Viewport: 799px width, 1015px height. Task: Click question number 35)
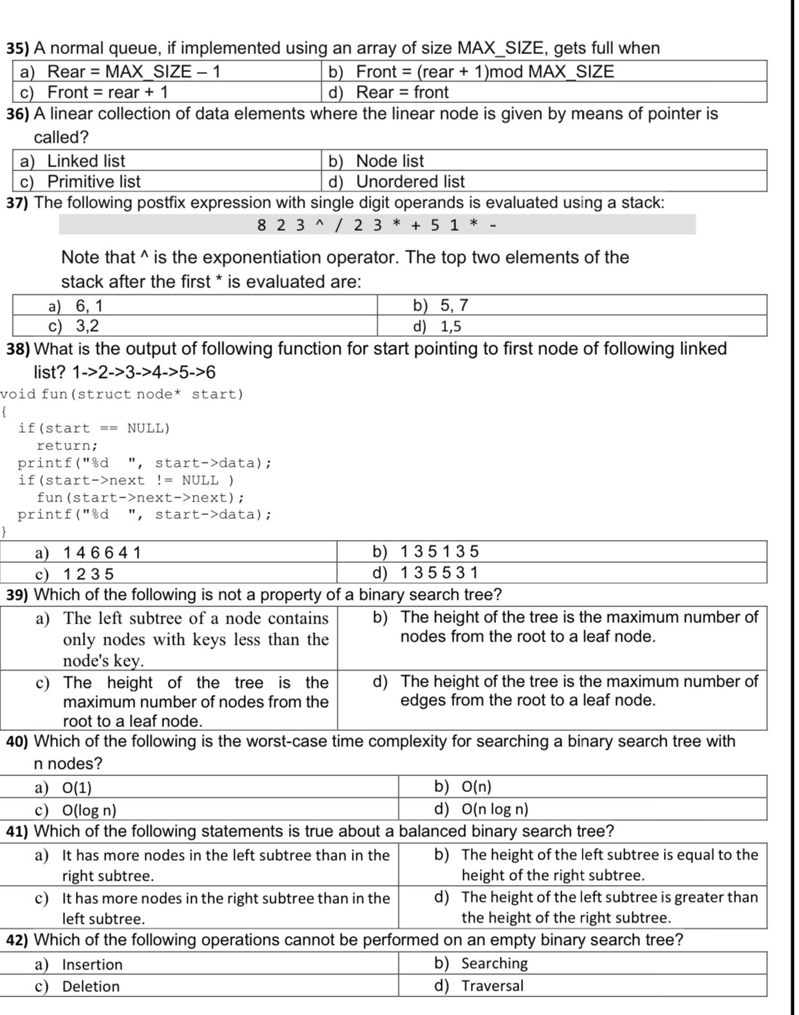[x=18, y=48]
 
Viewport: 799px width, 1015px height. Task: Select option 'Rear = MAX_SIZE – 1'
[x=134, y=71]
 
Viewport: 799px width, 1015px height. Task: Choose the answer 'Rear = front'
[x=402, y=93]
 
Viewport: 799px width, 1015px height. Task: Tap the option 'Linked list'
[x=86, y=161]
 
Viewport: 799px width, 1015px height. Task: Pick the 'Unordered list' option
[x=410, y=181]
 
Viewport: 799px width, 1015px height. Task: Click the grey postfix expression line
[x=377, y=225]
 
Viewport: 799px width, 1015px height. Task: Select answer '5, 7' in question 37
[x=454, y=305]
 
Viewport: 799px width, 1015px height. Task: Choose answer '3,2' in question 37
[x=87, y=326]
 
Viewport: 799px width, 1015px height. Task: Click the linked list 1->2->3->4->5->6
[x=143, y=372]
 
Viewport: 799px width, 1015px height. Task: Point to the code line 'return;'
[x=67, y=445]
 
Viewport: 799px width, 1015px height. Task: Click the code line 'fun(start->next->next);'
[x=140, y=498]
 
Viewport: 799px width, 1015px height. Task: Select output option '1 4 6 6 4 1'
[x=102, y=553]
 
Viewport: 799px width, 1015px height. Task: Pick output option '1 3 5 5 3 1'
[x=439, y=572]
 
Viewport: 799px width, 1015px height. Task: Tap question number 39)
[x=18, y=595]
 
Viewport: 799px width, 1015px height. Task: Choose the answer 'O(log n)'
[x=89, y=810]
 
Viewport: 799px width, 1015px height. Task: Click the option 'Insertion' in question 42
[x=92, y=964]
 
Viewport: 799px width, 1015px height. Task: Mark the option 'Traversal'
[x=492, y=985]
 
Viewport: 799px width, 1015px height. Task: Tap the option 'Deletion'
[x=91, y=986]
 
